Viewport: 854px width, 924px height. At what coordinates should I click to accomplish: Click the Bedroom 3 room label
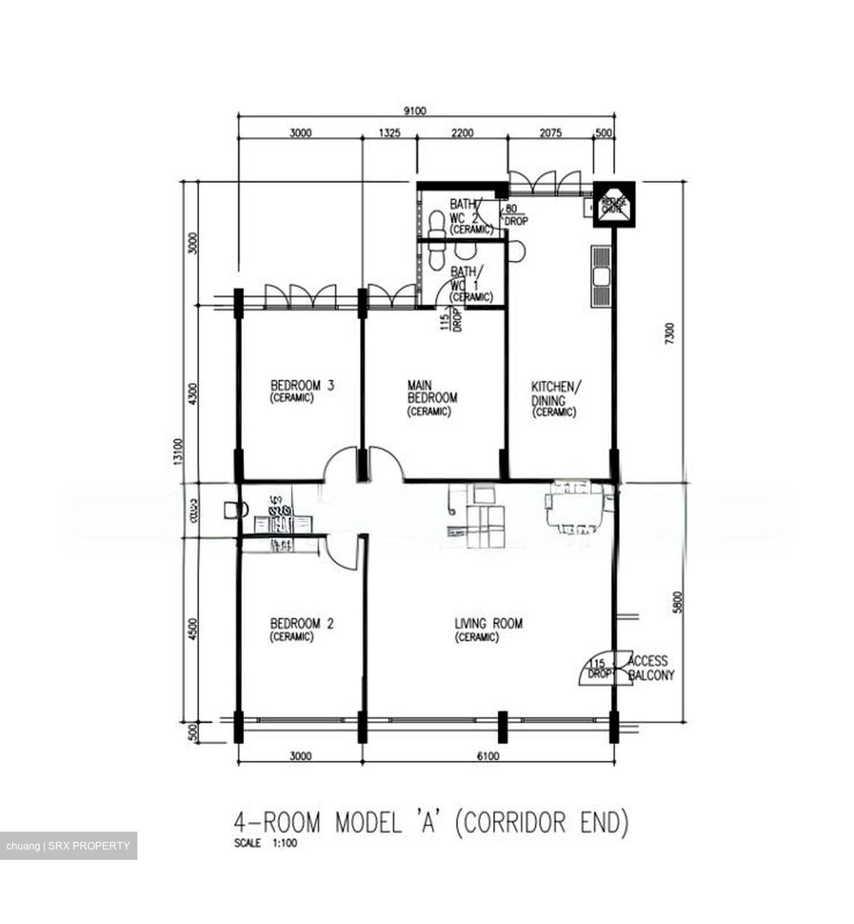point(302,386)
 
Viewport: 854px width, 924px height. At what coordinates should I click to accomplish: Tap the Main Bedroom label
point(431,391)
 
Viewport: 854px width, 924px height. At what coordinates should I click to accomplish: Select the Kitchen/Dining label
point(556,394)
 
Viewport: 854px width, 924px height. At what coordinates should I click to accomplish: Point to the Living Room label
point(488,624)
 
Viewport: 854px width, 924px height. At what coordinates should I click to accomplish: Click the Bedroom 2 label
point(302,624)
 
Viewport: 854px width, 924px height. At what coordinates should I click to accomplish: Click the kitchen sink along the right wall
point(602,277)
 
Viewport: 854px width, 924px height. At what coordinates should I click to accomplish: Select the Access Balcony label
point(649,668)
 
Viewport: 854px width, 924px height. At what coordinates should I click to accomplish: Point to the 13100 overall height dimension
point(178,452)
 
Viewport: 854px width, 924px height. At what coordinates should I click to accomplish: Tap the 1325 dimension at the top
point(390,133)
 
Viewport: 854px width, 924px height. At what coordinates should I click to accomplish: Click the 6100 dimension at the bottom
point(488,756)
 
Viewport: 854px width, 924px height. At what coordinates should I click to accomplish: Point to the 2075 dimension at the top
point(550,133)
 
